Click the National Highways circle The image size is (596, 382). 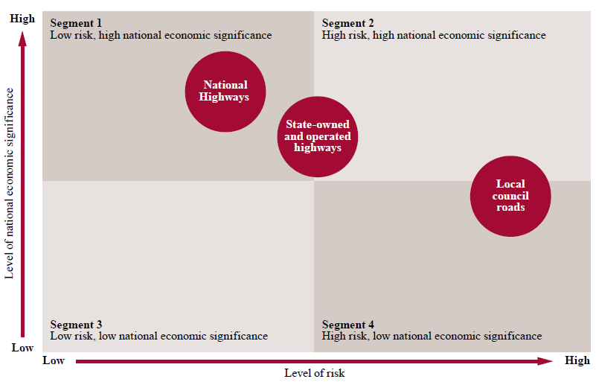[x=225, y=92]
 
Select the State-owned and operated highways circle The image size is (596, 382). [x=317, y=137]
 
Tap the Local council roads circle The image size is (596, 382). [x=510, y=196]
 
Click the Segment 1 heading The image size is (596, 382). [x=76, y=23]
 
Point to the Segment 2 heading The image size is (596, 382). [x=348, y=23]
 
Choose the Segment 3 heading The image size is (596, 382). [x=76, y=325]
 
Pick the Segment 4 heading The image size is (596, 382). [x=348, y=325]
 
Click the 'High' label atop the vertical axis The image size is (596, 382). [x=22, y=19]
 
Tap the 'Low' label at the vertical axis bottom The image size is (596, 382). [x=22, y=348]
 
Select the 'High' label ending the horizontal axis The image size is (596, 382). [x=577, y=361]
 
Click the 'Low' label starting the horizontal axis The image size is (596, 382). [x=54, y=361]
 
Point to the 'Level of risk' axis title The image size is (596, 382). [x=315, y=373]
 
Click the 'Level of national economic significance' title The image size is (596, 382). [x=10, y=183]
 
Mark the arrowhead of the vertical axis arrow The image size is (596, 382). [x=23, y=35]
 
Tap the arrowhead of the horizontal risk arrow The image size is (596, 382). [x=549, y=361]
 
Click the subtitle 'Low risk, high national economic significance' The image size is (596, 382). [x=161, y=35]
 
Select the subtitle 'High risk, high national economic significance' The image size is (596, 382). [x=434, y=35]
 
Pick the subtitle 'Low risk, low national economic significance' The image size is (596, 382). [x=158, y=337]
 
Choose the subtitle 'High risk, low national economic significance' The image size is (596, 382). [x=432, y=337]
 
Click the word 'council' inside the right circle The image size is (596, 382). [x=510, y=196]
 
